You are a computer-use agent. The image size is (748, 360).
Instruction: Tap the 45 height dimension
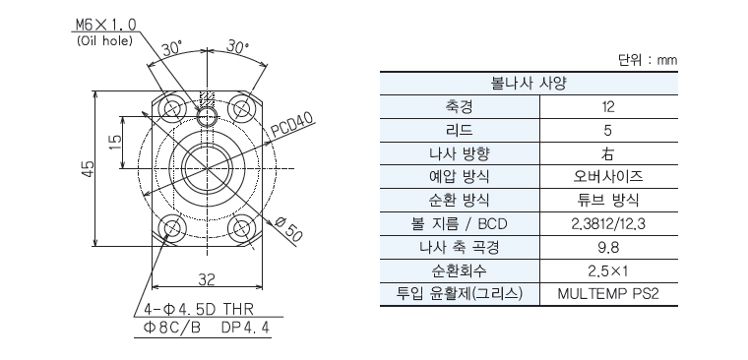88,169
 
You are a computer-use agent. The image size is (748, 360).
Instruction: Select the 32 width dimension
206,279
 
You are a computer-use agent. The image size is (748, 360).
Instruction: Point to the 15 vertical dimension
115,142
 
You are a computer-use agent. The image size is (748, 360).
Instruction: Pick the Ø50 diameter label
288,229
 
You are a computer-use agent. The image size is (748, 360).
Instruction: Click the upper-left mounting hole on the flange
171,109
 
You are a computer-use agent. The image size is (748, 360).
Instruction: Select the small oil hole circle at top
207,116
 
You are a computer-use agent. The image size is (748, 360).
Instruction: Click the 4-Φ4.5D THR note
200,310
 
